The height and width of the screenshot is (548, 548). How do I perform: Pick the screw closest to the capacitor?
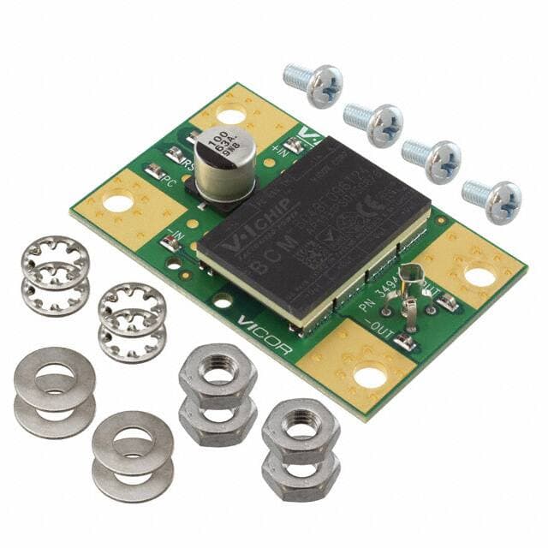[314, 84]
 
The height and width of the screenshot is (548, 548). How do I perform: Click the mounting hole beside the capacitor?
[229, 113]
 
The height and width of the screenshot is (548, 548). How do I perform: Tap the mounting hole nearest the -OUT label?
[370, 374]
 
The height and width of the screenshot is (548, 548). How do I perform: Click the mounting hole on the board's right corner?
[479, 276]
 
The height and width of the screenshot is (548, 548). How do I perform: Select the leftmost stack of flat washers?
[55, 390]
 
